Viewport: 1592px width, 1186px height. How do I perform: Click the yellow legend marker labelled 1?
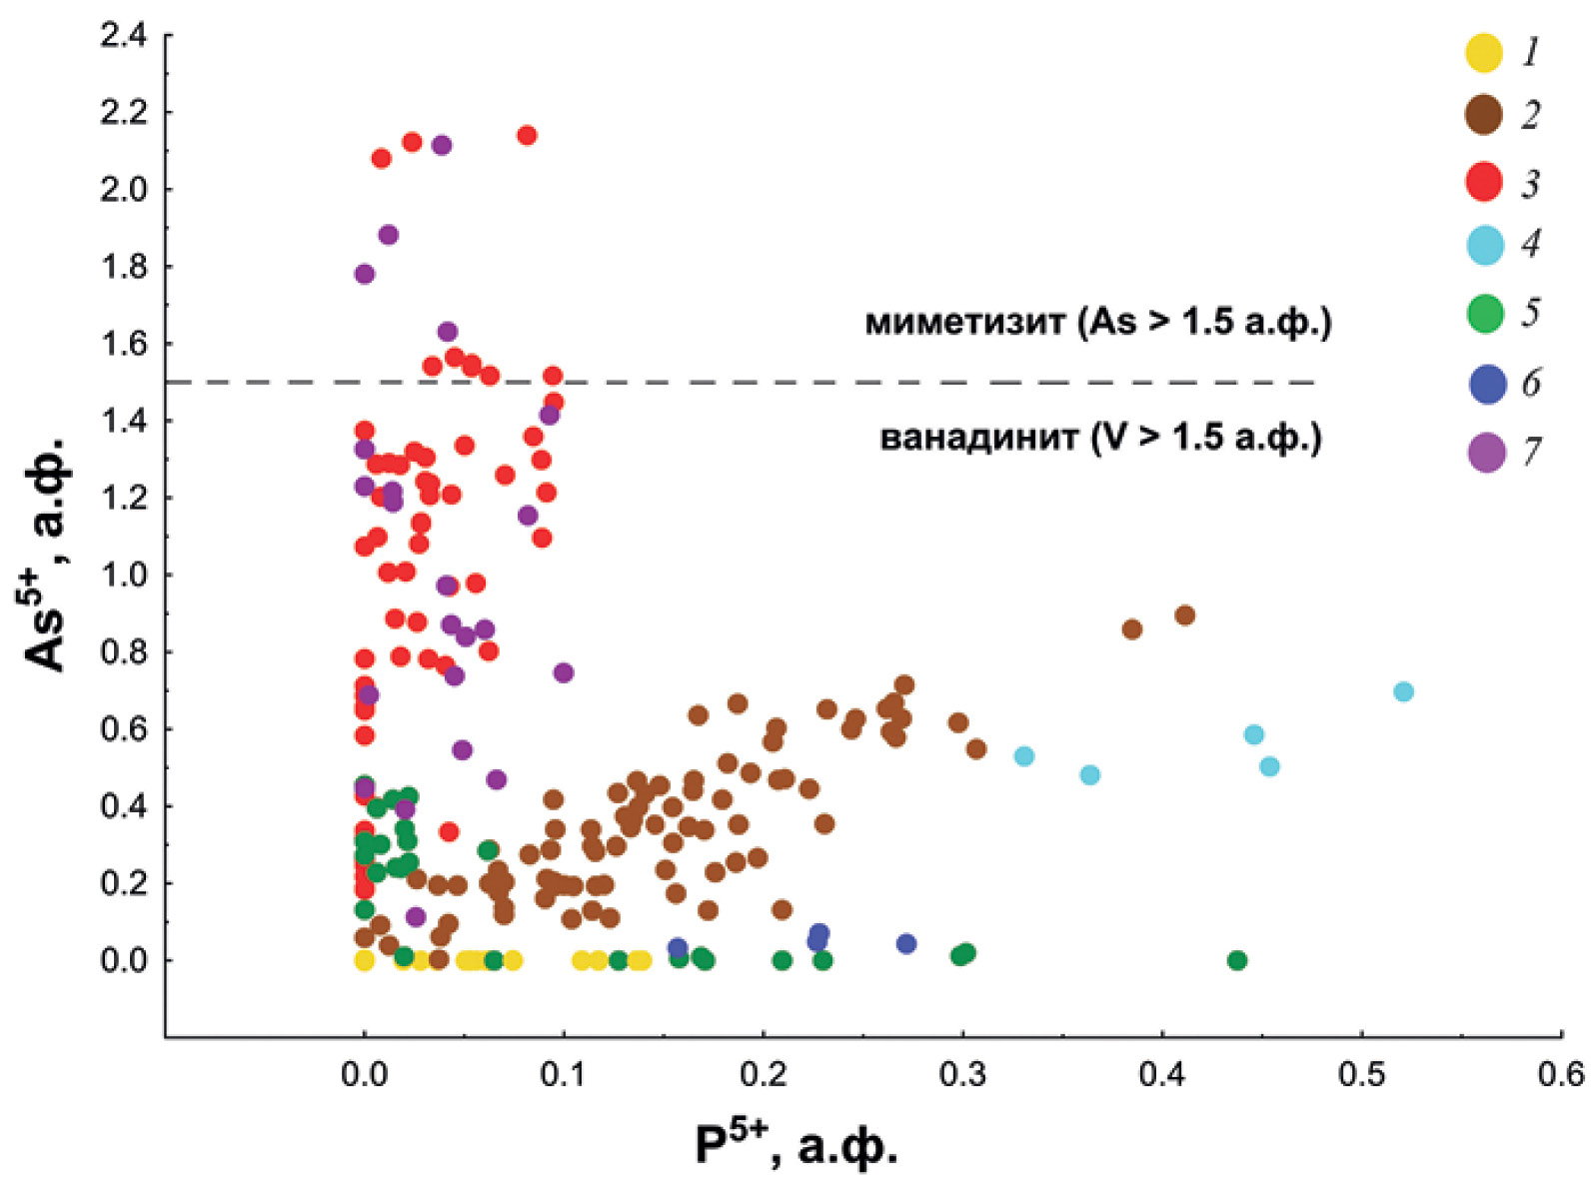coord(1484,52)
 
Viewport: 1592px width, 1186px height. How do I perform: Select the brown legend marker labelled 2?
coord(1484,115)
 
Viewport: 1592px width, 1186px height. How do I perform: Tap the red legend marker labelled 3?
coord(1484,182)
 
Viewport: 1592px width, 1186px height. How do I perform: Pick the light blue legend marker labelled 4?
coord(1485,245)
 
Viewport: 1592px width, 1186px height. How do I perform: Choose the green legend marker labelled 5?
coord(1485,314)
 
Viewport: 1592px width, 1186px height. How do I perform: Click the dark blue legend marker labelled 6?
coord(1487,383)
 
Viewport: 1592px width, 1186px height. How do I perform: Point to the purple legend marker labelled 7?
coord(1487,452)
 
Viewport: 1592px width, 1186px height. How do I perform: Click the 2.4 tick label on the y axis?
coord(124,36)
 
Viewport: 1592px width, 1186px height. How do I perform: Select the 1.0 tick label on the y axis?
coord(124,575)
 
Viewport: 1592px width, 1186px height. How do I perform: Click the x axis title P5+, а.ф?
coord(796,1145)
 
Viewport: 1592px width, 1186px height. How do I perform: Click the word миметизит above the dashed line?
coord(964,322)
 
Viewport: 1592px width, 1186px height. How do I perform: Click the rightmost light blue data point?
coord(1403,691)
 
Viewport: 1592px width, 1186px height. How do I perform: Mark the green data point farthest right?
coord(1237,960)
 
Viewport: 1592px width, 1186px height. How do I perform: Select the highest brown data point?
coord(1185,615)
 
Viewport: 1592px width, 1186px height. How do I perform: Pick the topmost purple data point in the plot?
coord(442,145)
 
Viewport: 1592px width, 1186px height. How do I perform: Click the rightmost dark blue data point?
coord(906,943)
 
